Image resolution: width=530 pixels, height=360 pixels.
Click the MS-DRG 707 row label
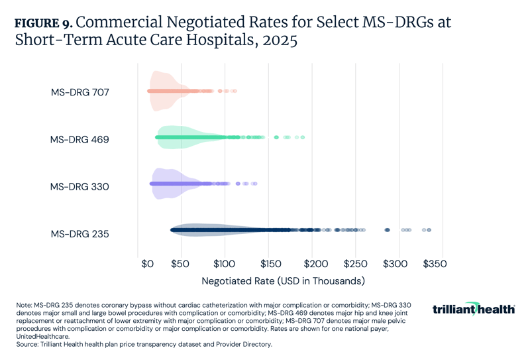click(x=79, y=92)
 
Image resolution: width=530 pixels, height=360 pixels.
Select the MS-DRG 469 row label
click(x=79, y=139)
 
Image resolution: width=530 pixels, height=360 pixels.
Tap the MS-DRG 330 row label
click(x=79, y=186)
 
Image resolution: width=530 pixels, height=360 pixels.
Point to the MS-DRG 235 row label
click(x=79, y=233)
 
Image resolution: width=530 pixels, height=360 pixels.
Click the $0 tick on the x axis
click(x=147, y=263)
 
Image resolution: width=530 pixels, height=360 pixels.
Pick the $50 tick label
click(x=180, y=263)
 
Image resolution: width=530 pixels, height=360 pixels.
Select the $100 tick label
click(x=224, y=263)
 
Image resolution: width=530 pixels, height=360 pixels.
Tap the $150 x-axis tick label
click(x=268, y=263)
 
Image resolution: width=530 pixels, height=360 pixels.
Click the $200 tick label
click(x=312, y=263)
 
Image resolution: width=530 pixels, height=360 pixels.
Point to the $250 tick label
click(x=356, y=263)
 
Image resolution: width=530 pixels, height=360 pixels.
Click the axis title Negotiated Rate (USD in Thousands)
click(x=283, y=281)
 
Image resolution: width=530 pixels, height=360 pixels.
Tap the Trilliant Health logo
click(x=474, y=309)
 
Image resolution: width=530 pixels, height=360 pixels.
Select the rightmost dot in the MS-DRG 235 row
click(x=429, y=230)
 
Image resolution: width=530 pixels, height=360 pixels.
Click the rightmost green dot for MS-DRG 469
click(x=303, y=137)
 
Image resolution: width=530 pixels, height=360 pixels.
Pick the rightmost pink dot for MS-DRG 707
click(x=235, y=91)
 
